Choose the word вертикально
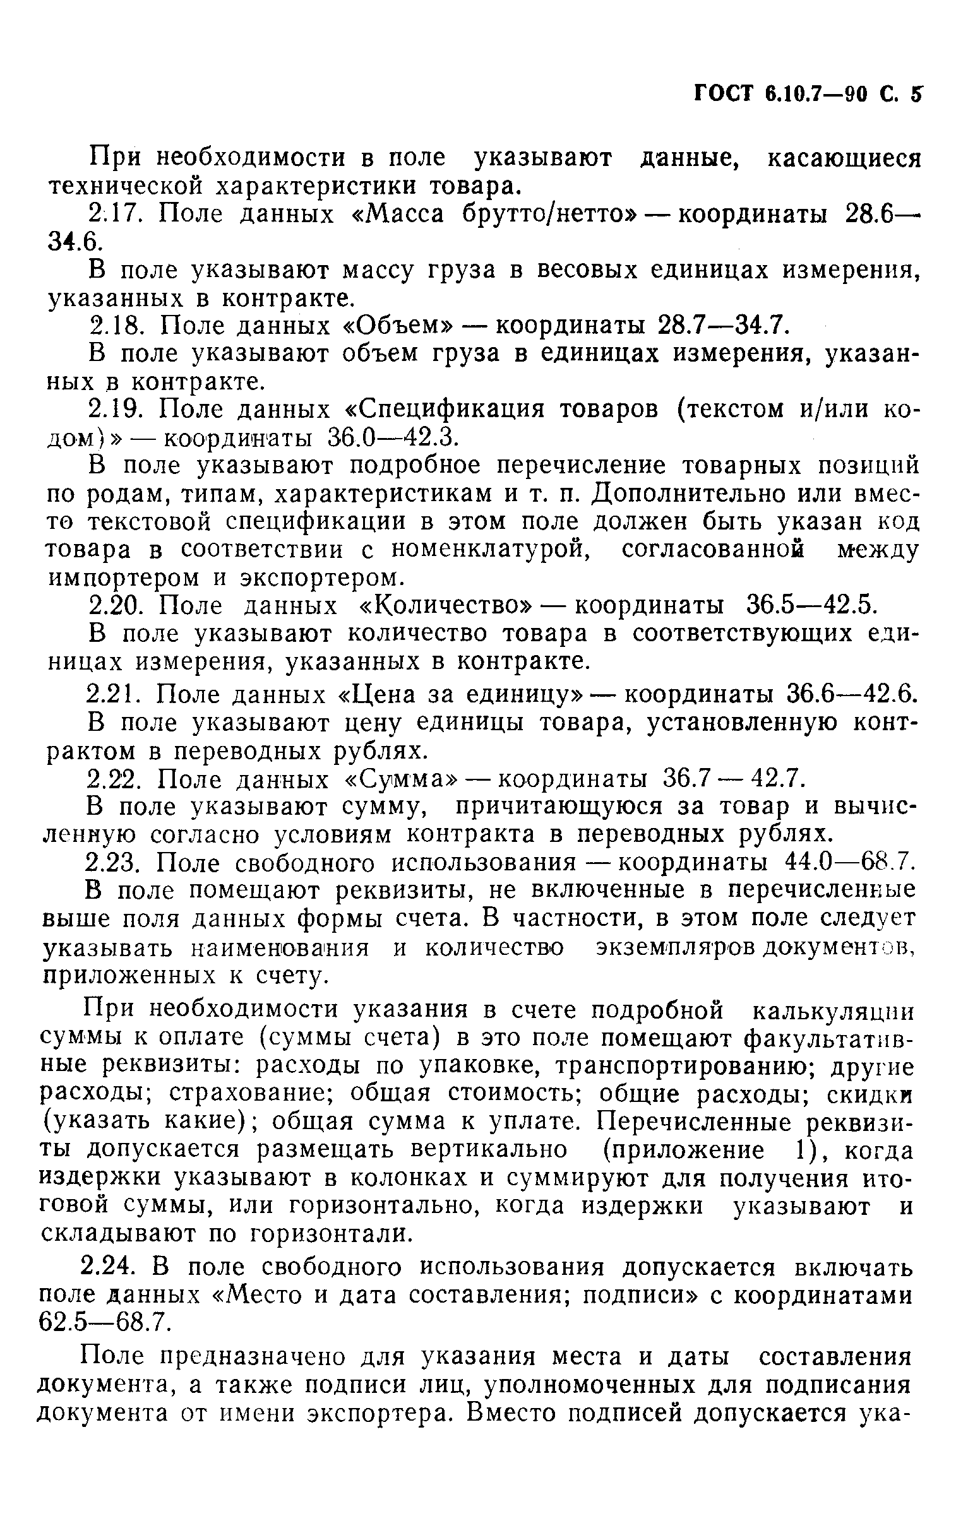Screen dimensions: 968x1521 click(x=489, y=1150)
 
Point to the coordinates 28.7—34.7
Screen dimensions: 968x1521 click(x=723, y=325)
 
